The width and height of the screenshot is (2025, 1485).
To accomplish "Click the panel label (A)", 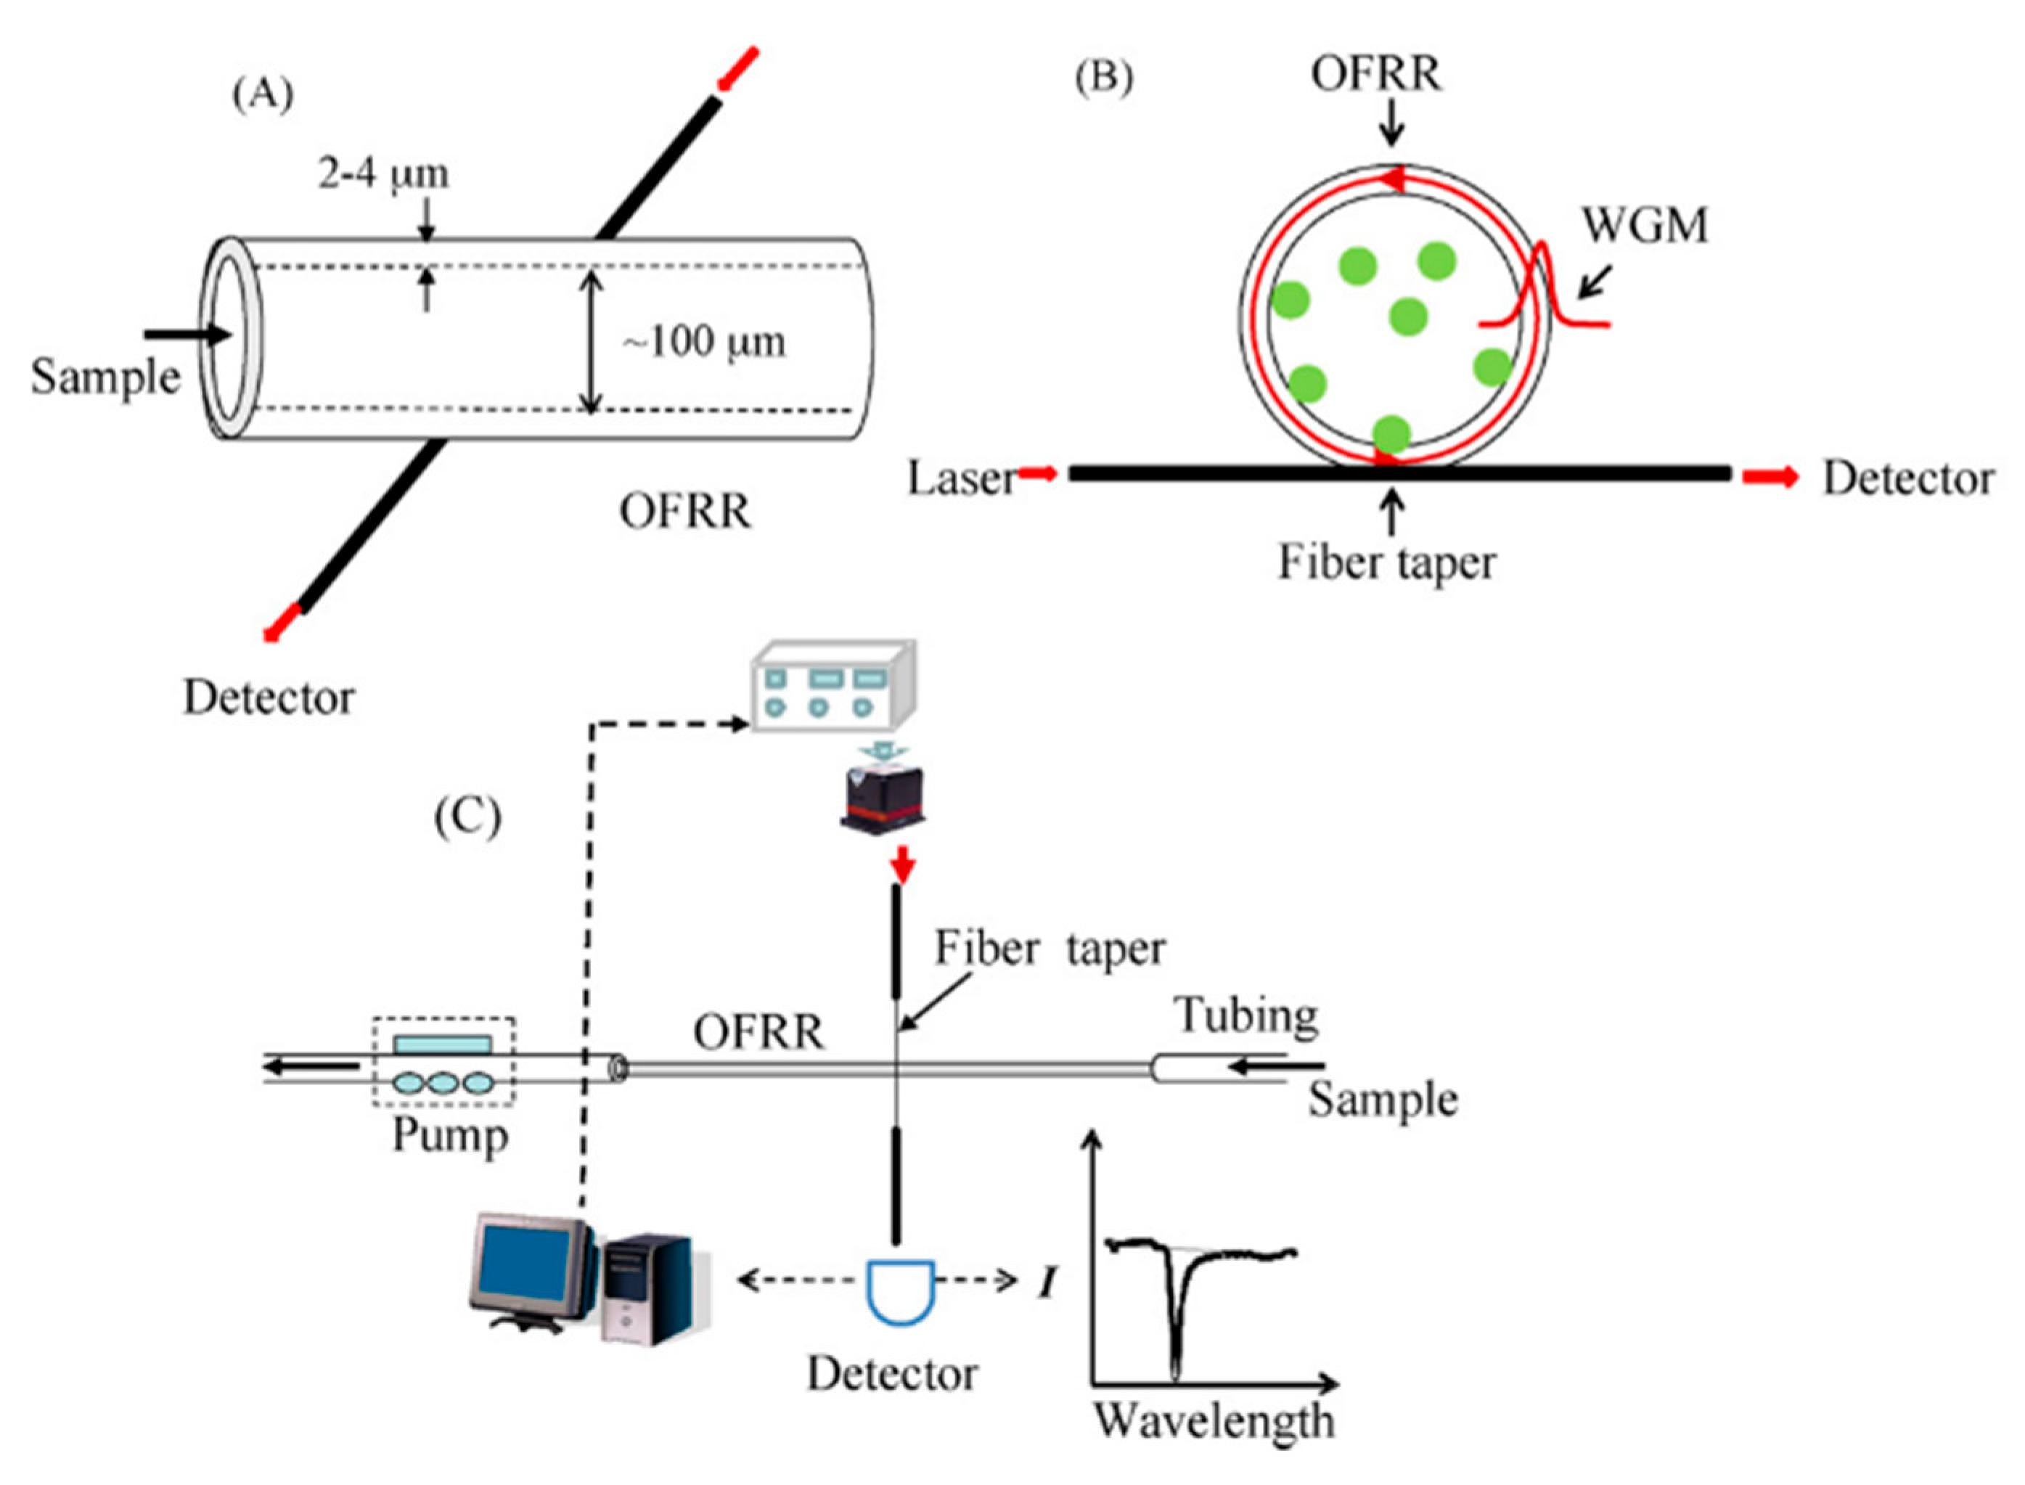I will click(x=263, y=94).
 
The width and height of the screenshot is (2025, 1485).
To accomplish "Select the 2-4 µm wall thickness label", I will click(x=384, y=173).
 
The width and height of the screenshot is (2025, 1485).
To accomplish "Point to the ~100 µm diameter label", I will click(x=704, y=342).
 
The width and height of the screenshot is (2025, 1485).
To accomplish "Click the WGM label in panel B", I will click(x=1644, y=225).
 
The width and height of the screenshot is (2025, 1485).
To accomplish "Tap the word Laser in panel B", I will click(x=960, y=478).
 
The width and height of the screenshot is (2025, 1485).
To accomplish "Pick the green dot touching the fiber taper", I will click(x=1391, y=434).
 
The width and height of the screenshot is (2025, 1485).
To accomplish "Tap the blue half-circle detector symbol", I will click(x=900, y=1290).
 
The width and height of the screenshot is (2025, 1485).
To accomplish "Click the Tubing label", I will click(x=1247, y=1016).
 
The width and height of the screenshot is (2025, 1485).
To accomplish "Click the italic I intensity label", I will click(x=1046, y=1282).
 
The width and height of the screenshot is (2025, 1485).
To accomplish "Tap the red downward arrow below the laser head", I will click(x=902, y=867).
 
